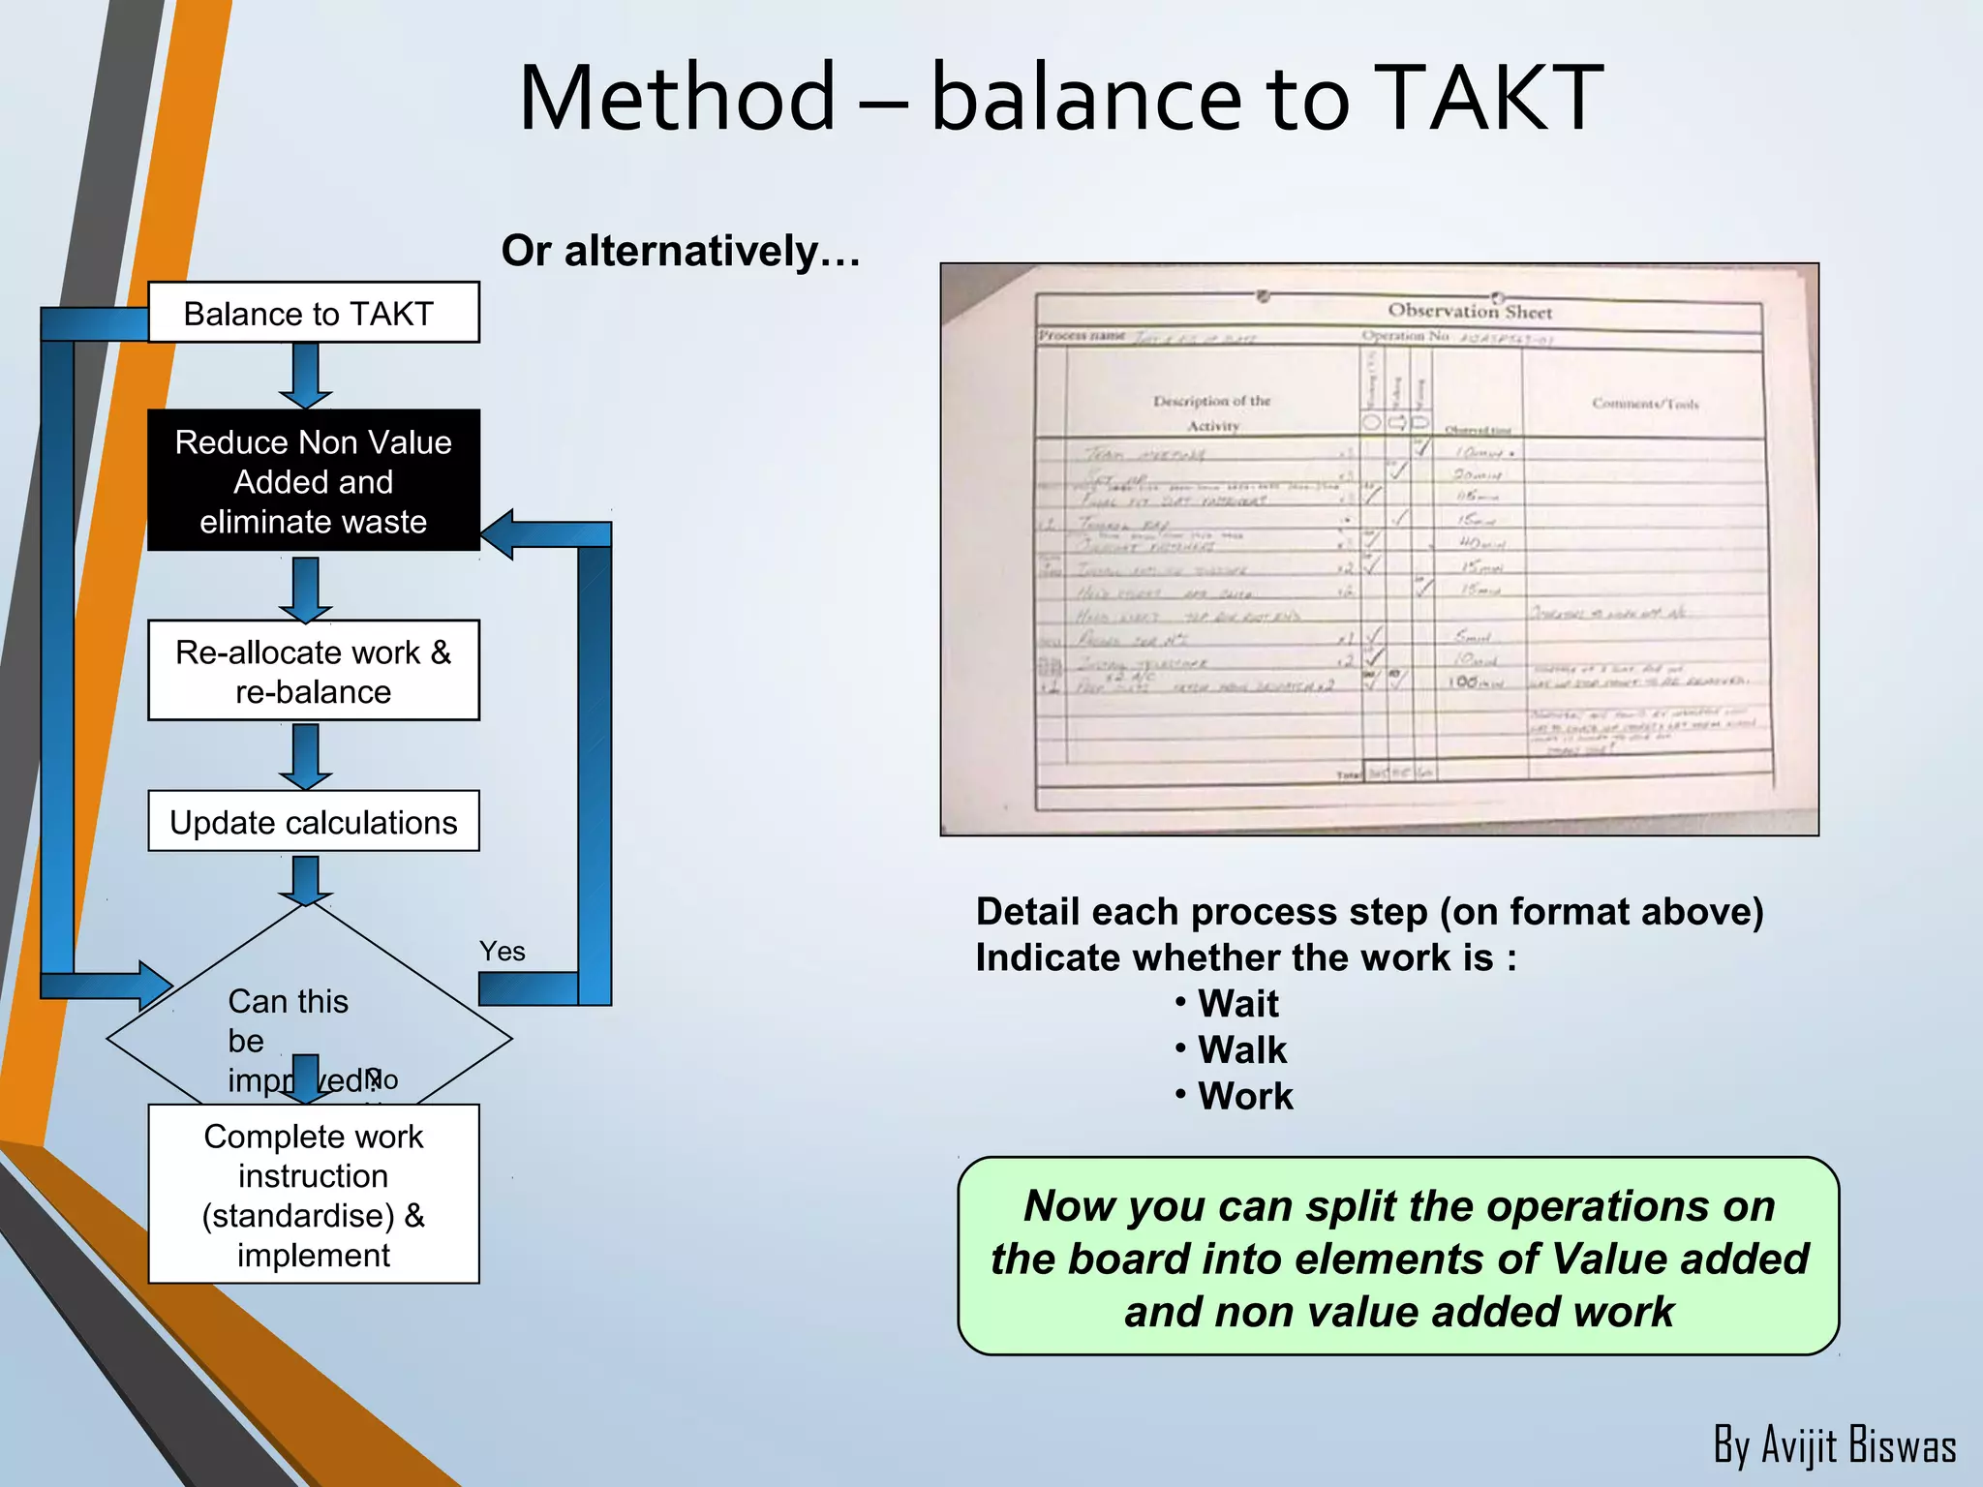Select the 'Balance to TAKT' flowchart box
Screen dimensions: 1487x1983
[313, 313]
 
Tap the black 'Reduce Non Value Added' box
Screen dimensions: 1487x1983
[313, 480]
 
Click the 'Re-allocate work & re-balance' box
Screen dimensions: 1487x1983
[313, 671]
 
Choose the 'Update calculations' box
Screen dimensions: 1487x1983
[313, 822]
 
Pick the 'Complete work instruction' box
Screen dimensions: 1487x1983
[313, 1195]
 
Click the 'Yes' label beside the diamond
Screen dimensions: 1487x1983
[502, 951]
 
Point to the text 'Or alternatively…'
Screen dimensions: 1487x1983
[680, 251]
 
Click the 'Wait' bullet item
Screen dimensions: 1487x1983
[1236, 1004]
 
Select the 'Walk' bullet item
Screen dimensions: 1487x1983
[1241, 1050]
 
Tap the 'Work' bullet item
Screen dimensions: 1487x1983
[1244, 1097]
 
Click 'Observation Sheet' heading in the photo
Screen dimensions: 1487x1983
[1469, 311]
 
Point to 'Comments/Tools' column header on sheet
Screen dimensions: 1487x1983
[1644, 404]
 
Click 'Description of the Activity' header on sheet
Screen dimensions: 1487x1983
[1211, 412]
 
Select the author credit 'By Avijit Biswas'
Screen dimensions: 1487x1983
[1834, 1445]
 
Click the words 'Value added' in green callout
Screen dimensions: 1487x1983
[1680, 1259]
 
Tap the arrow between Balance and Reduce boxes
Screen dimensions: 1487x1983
[306, 376]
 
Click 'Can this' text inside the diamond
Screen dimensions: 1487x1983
[288, 1001]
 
